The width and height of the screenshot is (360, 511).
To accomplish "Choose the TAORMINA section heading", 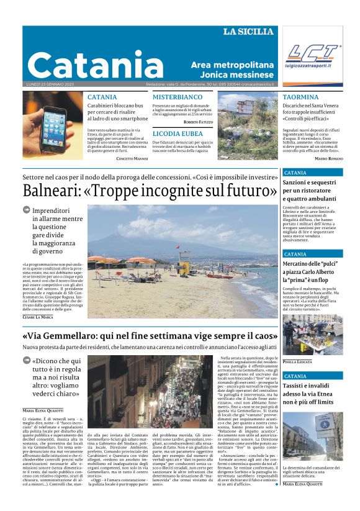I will [300, 97].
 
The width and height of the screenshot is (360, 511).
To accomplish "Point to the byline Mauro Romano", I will [328, 159].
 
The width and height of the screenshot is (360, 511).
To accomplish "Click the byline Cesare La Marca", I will [38, 317].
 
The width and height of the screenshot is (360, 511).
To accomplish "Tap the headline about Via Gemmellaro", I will [149, 336].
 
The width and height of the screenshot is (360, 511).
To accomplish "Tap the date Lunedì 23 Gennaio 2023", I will [52, 84].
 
